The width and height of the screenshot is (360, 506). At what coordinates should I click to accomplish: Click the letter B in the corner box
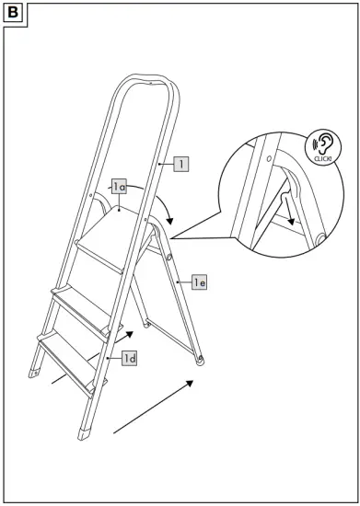(13, 13)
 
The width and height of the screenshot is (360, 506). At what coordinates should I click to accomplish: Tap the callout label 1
(181, 164)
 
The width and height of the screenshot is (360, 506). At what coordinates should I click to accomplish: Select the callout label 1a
(119, 187)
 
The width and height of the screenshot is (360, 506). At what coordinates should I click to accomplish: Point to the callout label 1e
(199, 282)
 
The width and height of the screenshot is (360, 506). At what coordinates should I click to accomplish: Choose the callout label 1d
(129, 358)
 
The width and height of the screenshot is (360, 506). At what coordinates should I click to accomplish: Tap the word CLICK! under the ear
(322, 159)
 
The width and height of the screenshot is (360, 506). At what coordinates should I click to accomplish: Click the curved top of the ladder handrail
(149, 80)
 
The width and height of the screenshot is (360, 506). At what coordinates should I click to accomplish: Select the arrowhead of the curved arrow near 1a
(169, 221)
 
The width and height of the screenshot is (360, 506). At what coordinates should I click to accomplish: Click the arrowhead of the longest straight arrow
(189, 383)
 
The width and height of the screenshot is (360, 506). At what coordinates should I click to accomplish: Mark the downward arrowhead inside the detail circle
(291, 222)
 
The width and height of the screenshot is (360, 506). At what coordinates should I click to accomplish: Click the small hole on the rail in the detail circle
(269, 158)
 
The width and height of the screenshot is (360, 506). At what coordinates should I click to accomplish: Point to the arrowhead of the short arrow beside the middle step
(130, 334)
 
